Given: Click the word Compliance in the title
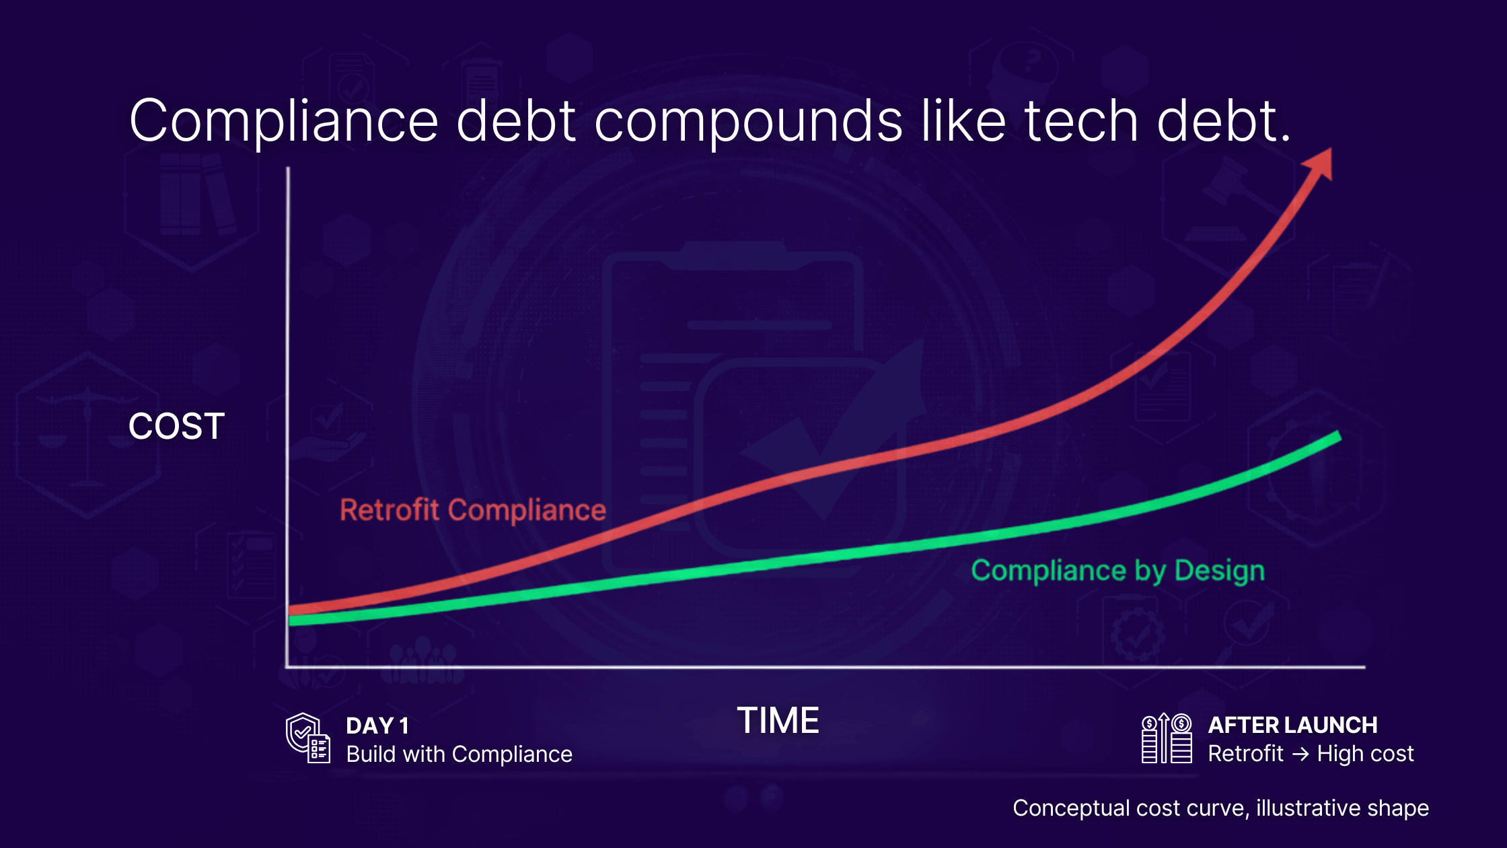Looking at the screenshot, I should click(x=283, y=122).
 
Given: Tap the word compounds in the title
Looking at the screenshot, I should click(x=748, y=122).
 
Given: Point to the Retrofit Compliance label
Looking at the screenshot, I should click(x=473, y=510).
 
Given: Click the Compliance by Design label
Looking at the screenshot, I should click(x=1117, y=571).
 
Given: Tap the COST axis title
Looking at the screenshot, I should click(x=176, y=427).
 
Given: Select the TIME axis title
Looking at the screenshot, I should click(x=778, y=721).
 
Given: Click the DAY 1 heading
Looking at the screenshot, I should click(x=377, y=726).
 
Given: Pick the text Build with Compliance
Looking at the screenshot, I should click(x=459, y=754).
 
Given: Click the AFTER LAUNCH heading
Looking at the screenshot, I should click(x=1292, y=725).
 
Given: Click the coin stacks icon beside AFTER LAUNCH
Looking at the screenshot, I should click(x=1167, y=738).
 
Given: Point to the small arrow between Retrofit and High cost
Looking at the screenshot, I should click(x=1300, y=754).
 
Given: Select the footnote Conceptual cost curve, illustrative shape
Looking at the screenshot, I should click(x=1220, y=808).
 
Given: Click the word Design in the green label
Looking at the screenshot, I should click(x=1219, y=571).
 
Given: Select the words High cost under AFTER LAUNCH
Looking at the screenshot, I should click(x=1365, y=754).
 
